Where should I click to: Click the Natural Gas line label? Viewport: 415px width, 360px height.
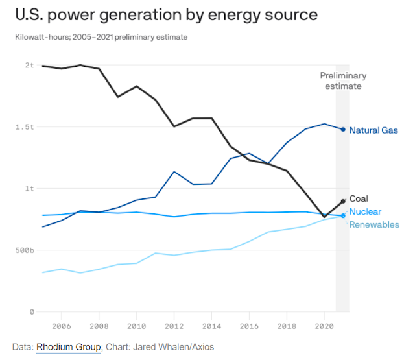click(373, 130)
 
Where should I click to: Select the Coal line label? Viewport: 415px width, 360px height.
click(359, 199)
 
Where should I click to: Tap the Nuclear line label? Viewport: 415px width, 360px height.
click(365, 212)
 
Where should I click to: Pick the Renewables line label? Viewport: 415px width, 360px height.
click(374, 225)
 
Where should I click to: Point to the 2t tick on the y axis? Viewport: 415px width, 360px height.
click(29, 66)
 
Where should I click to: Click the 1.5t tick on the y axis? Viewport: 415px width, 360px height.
click(25, 127)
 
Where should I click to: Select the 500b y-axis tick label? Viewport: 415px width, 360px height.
click(25, 250)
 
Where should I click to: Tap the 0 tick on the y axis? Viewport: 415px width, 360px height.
click(31, 312)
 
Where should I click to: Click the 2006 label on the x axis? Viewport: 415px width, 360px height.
click(61, 326)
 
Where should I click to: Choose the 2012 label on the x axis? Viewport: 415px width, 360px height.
click(174, 326)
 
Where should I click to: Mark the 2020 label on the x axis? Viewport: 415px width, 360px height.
click(324, 326)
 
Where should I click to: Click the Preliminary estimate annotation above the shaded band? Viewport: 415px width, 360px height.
click(343, 81)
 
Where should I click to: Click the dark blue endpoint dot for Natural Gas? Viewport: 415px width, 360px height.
click(343, 129)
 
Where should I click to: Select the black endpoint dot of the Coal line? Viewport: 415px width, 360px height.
click(343, 201)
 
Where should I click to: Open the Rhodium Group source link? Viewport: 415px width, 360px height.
click(69, 348)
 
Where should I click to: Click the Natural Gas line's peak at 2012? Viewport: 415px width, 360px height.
click(174, 172)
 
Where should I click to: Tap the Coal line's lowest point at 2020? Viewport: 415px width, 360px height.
click(324, 217)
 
